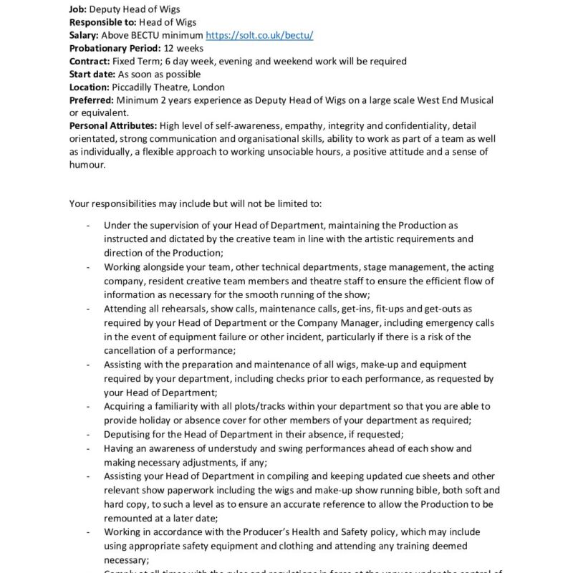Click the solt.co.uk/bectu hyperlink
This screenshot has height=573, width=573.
[259, 35]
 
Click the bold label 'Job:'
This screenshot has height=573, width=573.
[78, 9]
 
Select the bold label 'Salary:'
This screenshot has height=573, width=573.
[84, 35]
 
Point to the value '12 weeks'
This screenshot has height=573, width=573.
[183, 48]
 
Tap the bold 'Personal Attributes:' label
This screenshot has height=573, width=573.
[114, 126]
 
